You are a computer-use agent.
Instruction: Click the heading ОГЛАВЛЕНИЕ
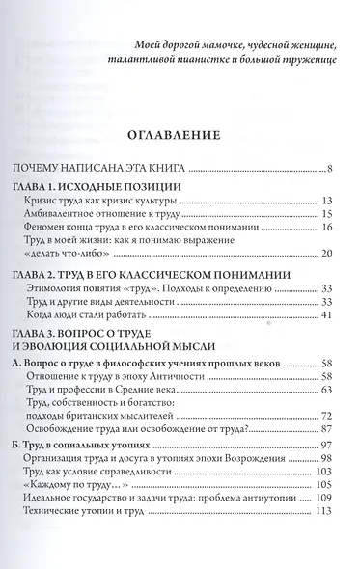pos(181,136)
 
